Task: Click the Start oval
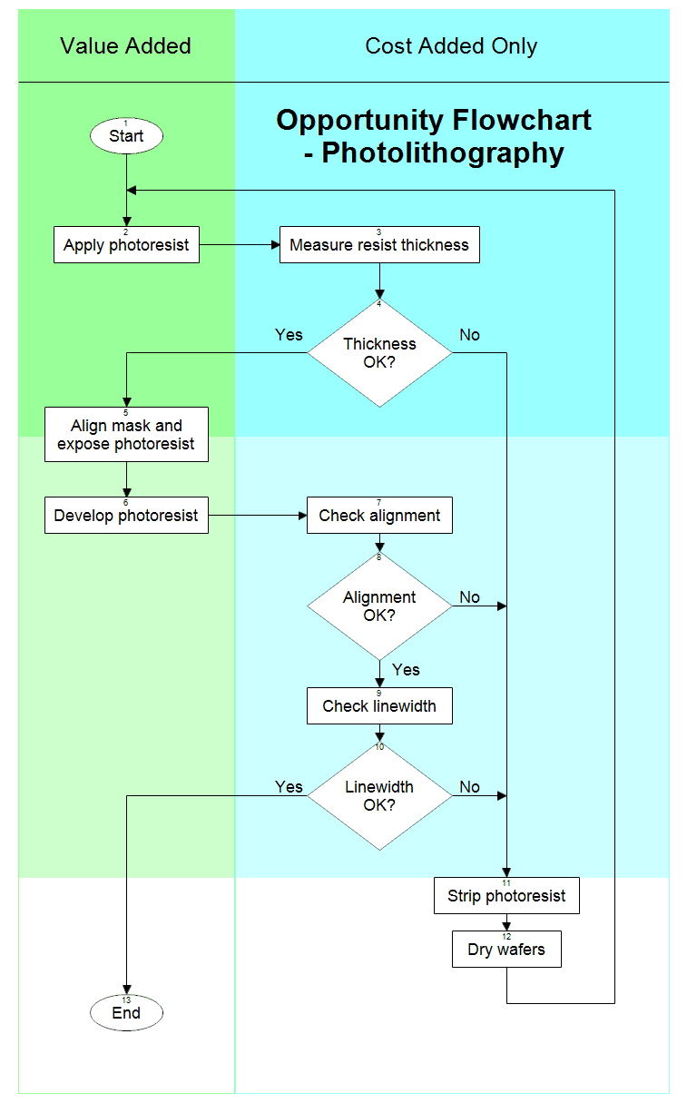tap(126, 136)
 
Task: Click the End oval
tap(126, 1013)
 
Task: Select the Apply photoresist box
tap(126, 245)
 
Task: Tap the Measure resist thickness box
tap(379, 245)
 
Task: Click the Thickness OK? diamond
tap(379, 353)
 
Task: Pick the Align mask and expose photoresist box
tap(126, 435)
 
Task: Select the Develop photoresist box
tap(126, 516)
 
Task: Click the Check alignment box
tap(379, 516)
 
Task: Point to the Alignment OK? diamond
tap(379, 606)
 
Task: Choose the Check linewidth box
tap(379, 706)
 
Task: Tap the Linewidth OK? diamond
tap(379, 796)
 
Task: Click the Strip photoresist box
tap(506, 896)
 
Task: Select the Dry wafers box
tap(506, 950)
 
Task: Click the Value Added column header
tap(126, 46)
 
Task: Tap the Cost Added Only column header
tap(451, 46)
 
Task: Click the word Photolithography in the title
tap(443, 153)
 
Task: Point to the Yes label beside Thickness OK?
tap(289, 335)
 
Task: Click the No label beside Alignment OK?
tap(469, 597)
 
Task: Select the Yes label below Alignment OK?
tap(406, 670)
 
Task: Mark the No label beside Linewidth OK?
tap(469, 787)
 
